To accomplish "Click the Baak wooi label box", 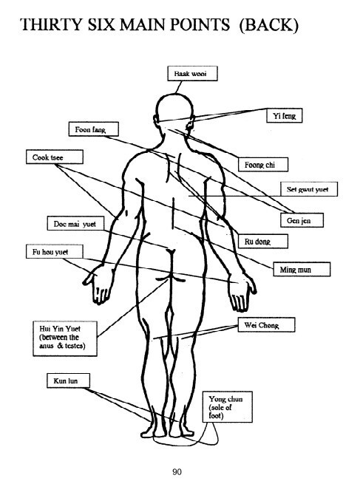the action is pos(192,74).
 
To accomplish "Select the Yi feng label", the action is pos(285,115).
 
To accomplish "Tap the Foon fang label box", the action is pos(94,129).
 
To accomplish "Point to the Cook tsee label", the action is pos(55,157).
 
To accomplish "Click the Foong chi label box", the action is pos(263,165).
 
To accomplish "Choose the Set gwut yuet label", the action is pos(309,189).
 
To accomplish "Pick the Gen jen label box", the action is pos(302,220).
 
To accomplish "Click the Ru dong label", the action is pos(263,242).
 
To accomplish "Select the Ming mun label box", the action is pos(302,270).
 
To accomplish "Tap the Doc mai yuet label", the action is pos(76,224).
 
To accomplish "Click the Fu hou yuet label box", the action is pos(55,251).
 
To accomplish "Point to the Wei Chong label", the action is pos(267,325).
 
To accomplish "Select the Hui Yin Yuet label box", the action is pos(65,338).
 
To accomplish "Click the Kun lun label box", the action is pos(69,381).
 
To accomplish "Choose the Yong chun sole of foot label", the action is pos(228,407).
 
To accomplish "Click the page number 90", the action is pos(177,471).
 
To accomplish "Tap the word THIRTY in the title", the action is pos(51,24).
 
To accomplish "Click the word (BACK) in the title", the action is pos(269,25).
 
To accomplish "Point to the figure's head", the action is pos(174,109).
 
